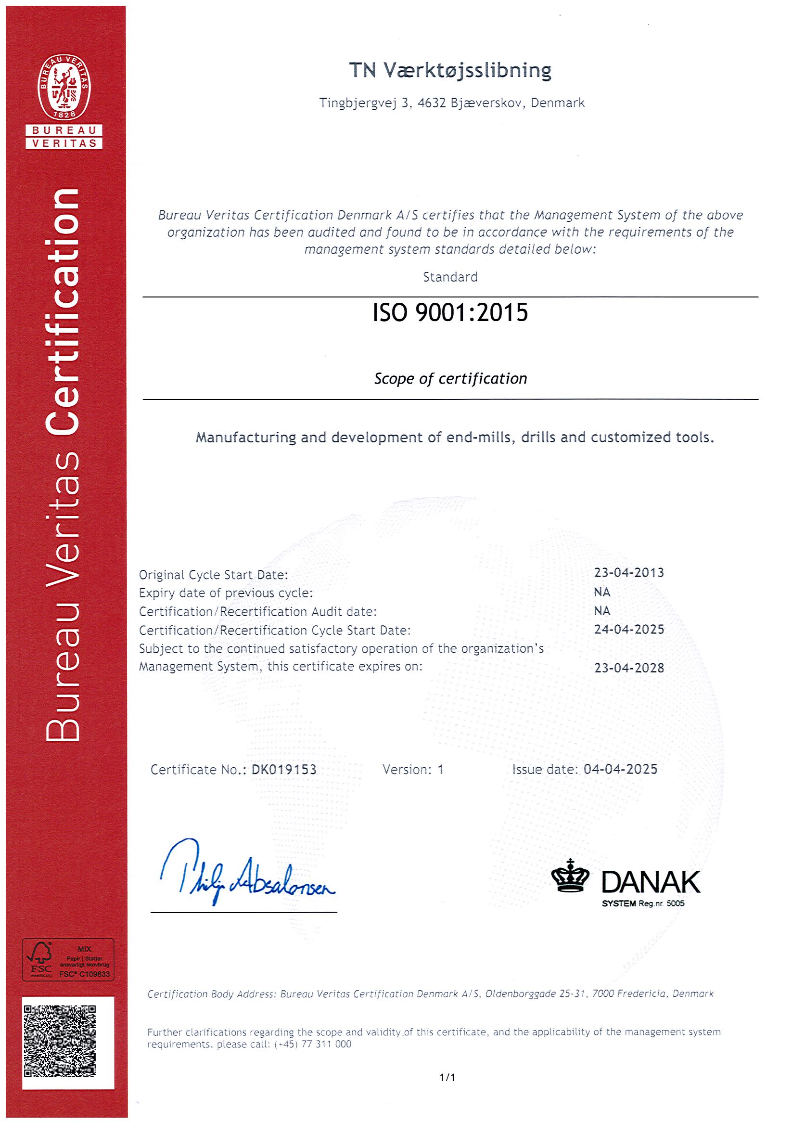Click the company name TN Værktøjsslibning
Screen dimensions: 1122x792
[450, 71]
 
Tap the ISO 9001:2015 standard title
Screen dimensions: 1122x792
[450, 313]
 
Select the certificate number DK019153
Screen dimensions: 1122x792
[284, 770]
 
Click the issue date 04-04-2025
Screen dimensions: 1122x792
[621, 769]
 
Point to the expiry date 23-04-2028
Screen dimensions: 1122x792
[629, 668]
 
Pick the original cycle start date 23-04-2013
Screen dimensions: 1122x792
[629, 573]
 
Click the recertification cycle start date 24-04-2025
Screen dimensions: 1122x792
[629, 630]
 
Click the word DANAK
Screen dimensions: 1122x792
[651, 882]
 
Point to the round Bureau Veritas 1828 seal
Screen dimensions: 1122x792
[64, 88]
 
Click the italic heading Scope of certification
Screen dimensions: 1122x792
[450, 379]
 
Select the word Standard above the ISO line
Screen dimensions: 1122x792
[450, 277]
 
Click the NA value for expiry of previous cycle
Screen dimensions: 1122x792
[602, 592]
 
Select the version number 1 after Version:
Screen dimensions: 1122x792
[440, 770]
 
